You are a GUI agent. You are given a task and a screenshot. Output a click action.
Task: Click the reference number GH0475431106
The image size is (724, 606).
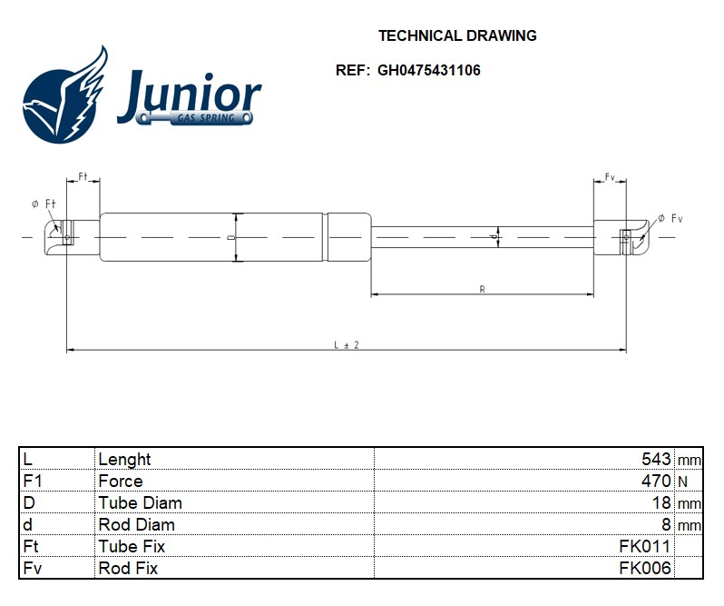[x=429, y=70]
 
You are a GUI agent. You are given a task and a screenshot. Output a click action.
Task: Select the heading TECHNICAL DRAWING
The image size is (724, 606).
[x=457, y=36]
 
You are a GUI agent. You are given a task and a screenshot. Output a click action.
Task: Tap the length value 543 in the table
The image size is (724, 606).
[x=656, y=459]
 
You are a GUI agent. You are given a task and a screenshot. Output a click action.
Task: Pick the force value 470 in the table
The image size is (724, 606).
[x=656, y=481]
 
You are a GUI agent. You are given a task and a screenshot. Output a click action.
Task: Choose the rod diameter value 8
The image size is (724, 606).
[x=666, y=524]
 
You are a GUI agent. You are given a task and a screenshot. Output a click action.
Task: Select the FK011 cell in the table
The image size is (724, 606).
[x=644, y=546]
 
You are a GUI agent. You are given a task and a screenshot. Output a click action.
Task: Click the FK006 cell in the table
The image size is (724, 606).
[x=644, y=568]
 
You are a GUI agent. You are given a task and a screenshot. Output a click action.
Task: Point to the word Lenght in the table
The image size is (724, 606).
[x=124, y=459]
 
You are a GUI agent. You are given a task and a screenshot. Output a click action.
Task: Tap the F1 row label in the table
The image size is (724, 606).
[x=32, y=481]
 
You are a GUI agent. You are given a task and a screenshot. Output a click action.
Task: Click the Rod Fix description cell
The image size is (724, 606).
[x=128, y=568]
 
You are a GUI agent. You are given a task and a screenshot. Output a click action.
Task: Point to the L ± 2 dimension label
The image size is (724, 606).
[x=347, y=344]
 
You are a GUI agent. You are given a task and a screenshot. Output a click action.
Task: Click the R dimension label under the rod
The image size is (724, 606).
[x=482, y=289]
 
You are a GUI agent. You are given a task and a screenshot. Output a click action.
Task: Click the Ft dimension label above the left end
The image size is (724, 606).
[x=83, y=176]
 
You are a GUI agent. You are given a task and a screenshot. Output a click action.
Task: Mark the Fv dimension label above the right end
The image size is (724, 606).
[x=610, y=176]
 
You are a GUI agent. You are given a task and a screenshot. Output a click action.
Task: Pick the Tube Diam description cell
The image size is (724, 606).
[x=140, y=502]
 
